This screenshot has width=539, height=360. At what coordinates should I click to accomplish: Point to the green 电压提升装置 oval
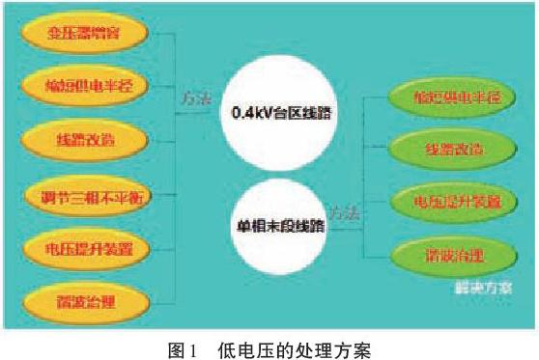442,202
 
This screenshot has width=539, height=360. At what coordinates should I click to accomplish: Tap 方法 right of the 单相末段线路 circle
344,213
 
